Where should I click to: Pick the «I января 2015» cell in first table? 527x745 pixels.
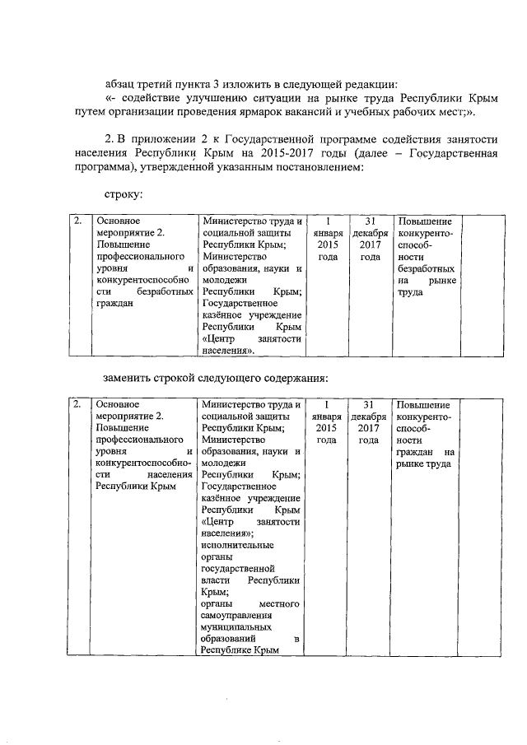point(328,240)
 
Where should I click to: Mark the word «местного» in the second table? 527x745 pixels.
point(277,603)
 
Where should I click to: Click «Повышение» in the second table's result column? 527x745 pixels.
point(422,405)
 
